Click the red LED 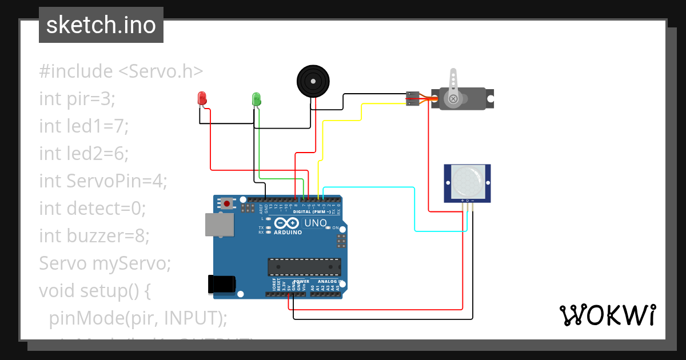point(202,98)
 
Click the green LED point(256,99)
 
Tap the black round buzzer point(313,81)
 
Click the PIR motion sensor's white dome point(468,180)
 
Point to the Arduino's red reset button point(228,203)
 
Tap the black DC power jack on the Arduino point(222,284)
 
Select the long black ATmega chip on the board point(305,267)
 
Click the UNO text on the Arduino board point(315,223)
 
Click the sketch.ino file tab point(101,25)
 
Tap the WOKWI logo point(607,315)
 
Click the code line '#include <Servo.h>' point(121,71)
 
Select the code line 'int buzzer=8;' point(94,236)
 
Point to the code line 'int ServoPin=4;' point(103,181)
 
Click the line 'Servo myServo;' point(105,263)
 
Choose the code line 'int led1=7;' point(84,126)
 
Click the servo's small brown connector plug point(413,98)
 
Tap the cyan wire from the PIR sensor point(415,211)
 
